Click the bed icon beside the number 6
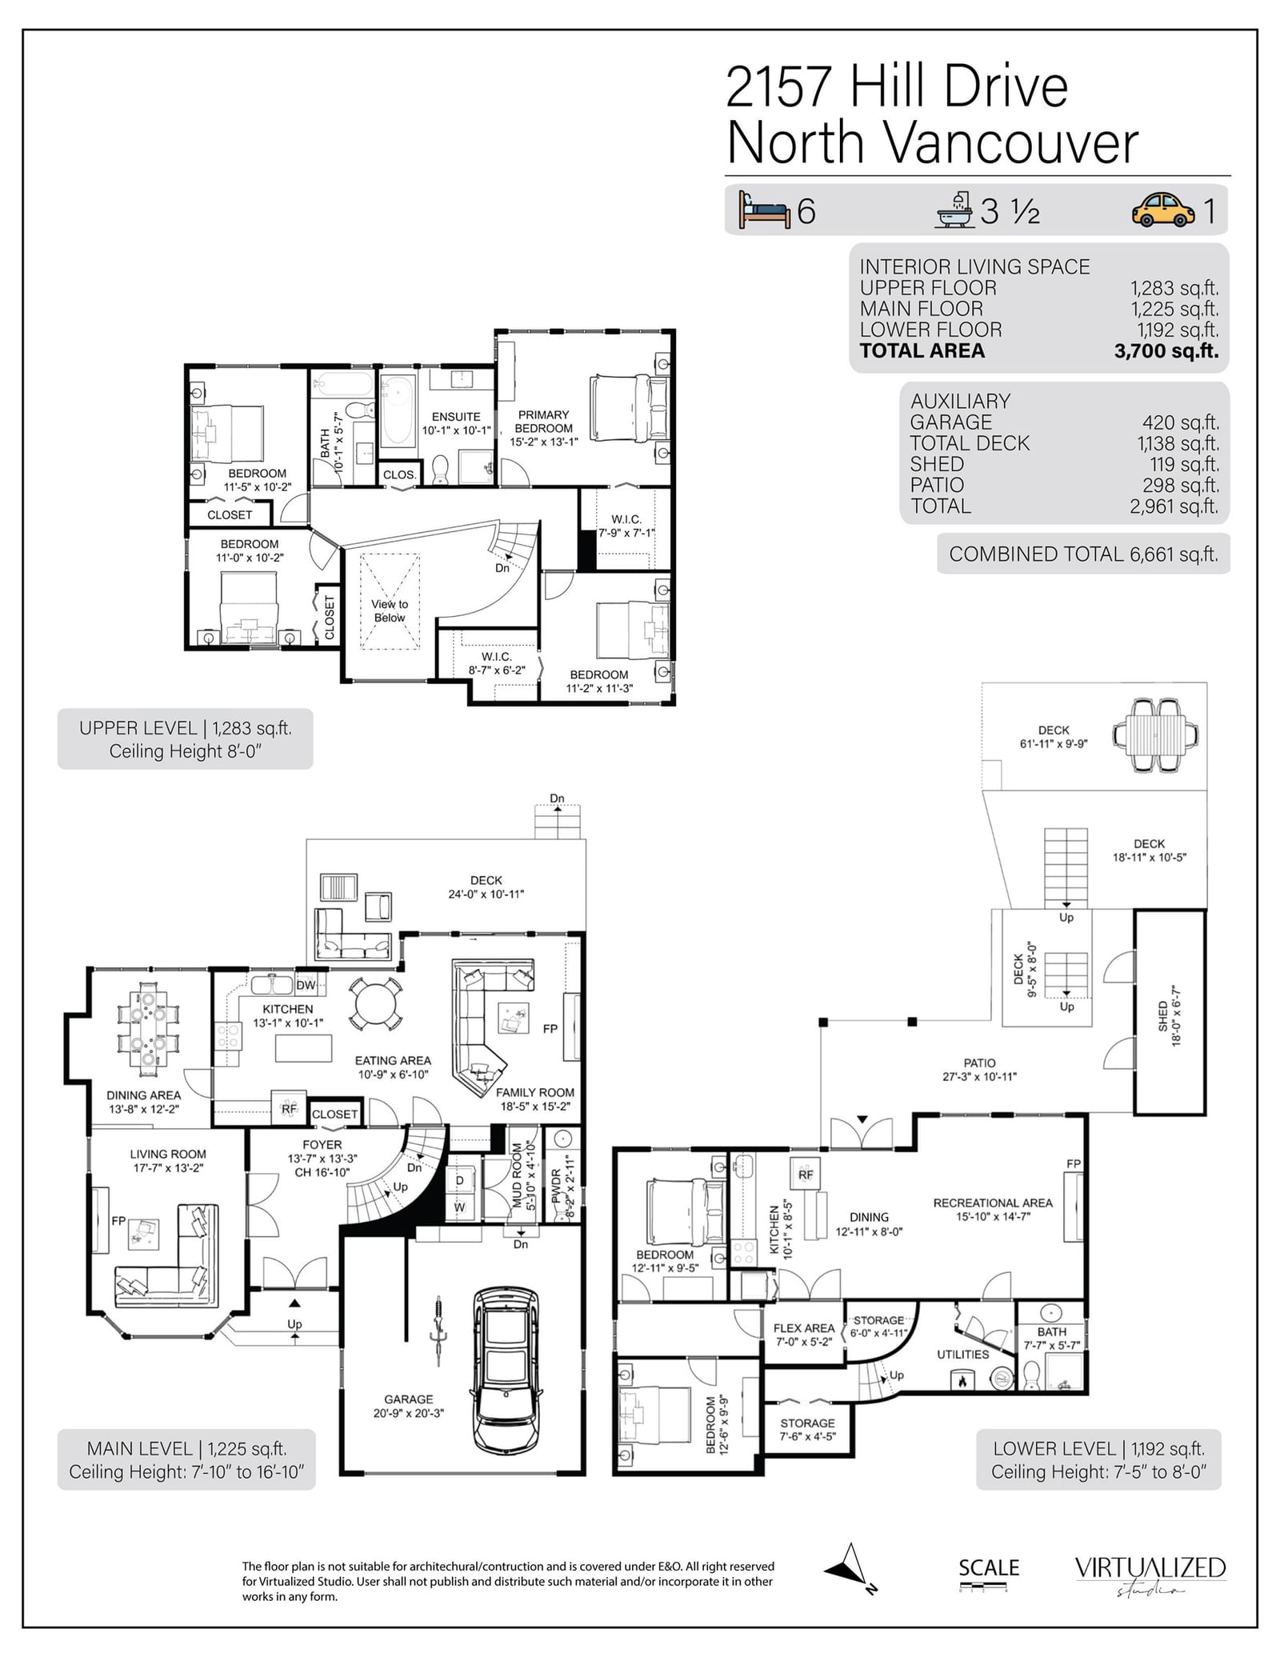[765, 210]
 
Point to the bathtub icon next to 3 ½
[955, 210]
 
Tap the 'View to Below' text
[390, 610]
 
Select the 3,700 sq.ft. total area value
[1166, 350]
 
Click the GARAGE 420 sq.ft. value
[1180, 422]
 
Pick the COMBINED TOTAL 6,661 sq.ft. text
[1083, 554]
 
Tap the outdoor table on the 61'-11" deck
[1155, 734]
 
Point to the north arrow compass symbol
[850, 1569]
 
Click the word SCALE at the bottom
[989, 1567]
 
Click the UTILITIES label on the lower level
[963, 1354]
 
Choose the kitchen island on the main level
[303, 1048]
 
